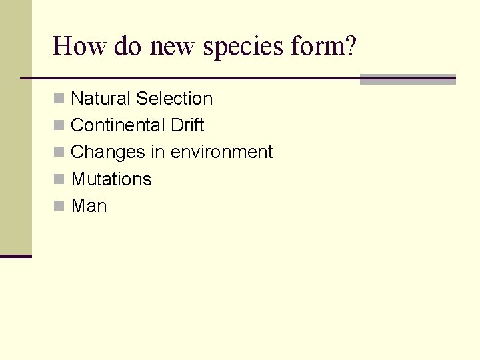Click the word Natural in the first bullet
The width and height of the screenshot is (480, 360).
click(x=101, y=99)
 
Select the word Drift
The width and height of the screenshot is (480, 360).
click(x=187, y=125)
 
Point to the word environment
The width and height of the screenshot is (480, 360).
click(x=221, y=152)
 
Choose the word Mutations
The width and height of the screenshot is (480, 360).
click(x=111, y=179)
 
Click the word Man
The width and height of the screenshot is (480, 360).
click(x=89, y=206)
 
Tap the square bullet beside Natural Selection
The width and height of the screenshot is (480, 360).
click(x=59, y=99)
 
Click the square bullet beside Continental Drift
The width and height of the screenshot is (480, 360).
click(x=59, y=126)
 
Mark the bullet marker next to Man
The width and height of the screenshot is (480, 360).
click(x=59, y=207)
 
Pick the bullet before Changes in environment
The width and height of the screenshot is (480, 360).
click(x=59, y=153)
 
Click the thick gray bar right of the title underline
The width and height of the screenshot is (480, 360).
click(x=407, y=79)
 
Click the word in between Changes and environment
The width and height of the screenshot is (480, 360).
click(x=157, y=152)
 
